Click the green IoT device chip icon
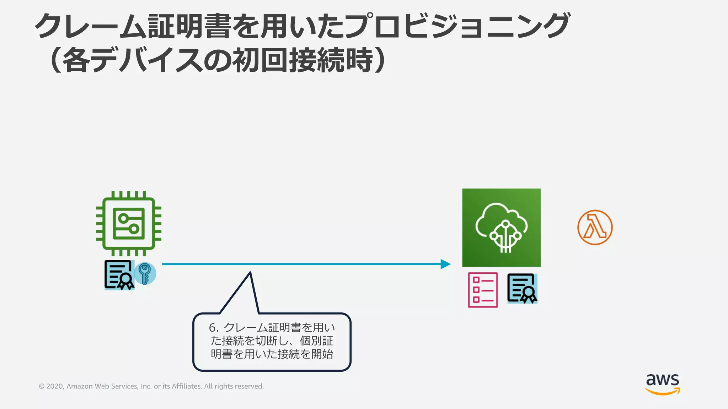coord(129,224)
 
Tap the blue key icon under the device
coord(145,273)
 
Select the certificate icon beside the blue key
coord(119,275)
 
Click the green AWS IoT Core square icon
coord(501,228)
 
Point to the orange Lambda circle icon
coord(595,227)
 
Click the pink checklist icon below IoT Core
coord(483,290)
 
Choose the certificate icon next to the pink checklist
coord(522,288)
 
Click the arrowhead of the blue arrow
coord(446,264)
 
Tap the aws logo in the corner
coord(663,384)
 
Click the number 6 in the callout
coord(213,327)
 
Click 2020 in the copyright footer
coord(55,386)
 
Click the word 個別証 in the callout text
coord(316,341)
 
